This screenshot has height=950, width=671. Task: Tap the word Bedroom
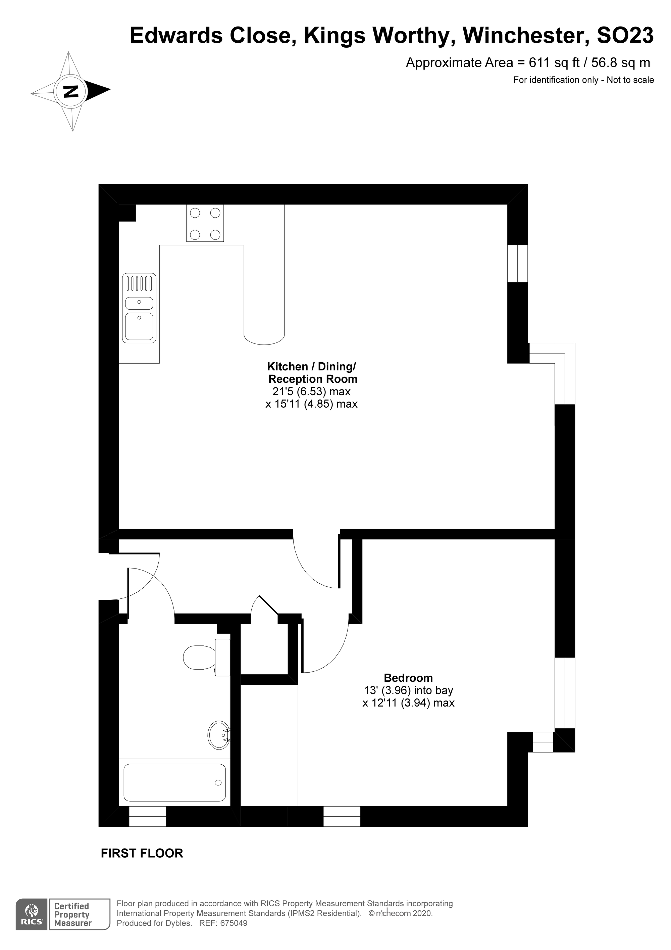click(x=408, y=678)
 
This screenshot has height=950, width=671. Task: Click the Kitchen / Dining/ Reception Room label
click(x=312, y=373)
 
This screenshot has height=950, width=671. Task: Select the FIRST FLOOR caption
click(x=142, y=853)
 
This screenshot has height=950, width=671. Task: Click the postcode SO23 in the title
click(x=625, y=36)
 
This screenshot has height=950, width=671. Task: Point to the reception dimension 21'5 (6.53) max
click(x=311, y=392)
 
